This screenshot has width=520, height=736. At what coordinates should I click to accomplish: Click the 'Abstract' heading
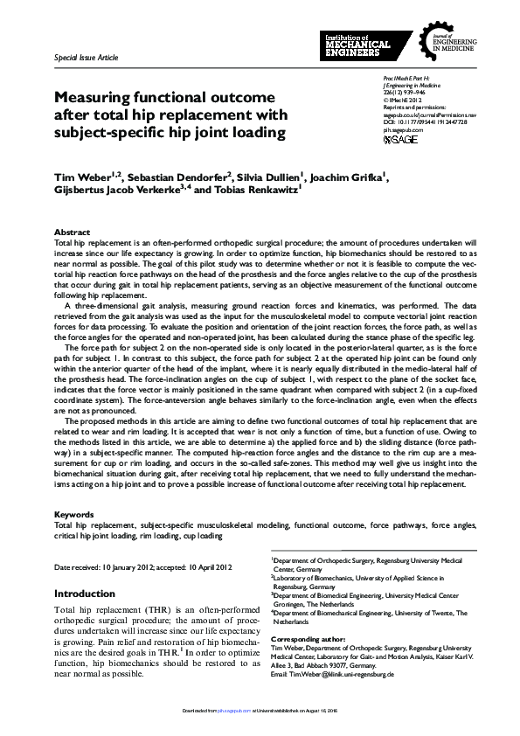pyautogui.click(x=72, y=233)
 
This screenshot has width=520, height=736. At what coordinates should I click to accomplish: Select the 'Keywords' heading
pyautogui.click(x=74, y=515)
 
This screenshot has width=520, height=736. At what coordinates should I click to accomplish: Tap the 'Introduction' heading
pyautogui.click(x=85, y=593)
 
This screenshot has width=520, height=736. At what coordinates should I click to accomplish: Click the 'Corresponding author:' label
pyautogui.click(x=308, y=640)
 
